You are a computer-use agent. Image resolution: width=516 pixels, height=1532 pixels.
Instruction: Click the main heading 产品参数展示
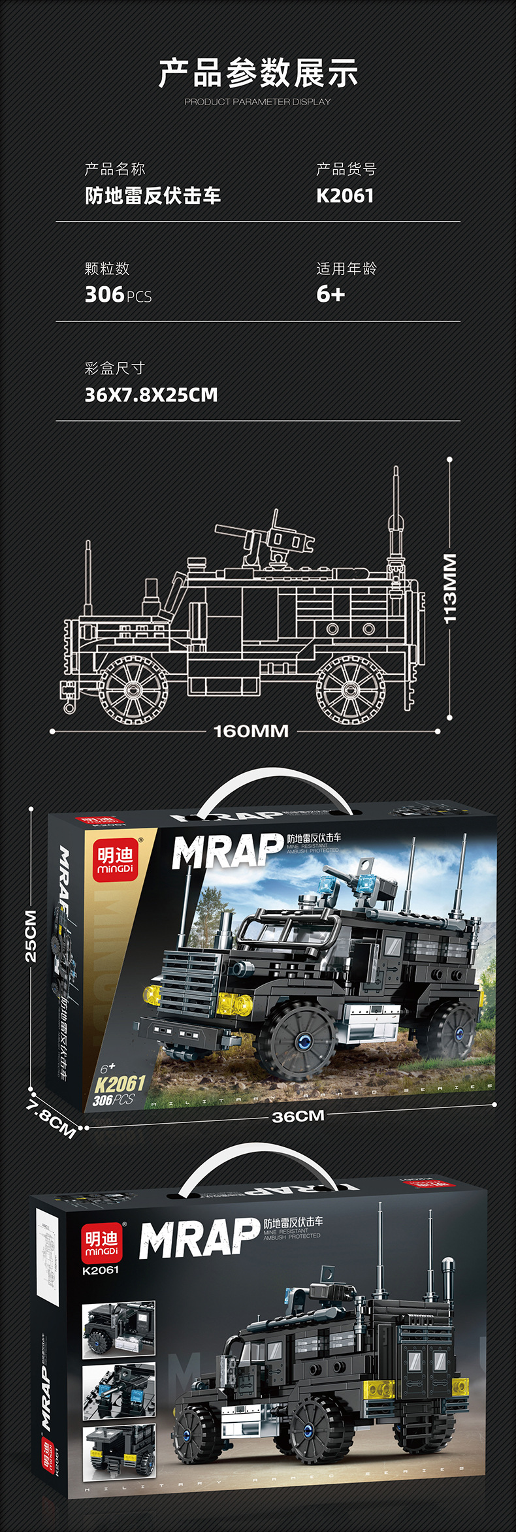258,73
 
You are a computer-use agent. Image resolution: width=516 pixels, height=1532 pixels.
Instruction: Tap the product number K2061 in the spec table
345,196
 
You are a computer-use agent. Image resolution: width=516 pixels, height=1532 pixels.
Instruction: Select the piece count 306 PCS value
118,295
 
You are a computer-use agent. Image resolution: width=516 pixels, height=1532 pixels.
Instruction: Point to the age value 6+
331,295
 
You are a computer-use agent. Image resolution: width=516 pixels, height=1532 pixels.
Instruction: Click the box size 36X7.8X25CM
151,395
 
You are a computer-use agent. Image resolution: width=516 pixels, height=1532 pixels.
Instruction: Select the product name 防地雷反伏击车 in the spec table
153,196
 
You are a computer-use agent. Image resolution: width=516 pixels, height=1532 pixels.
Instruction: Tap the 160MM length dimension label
251,731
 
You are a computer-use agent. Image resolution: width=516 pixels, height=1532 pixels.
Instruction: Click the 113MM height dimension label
450,588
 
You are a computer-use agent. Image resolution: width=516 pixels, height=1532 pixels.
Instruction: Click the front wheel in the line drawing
133,690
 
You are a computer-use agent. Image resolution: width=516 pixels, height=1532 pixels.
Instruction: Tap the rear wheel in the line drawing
351,690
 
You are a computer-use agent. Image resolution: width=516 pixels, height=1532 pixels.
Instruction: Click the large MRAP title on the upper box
227,852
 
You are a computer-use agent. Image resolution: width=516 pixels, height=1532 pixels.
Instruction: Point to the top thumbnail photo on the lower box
119,1329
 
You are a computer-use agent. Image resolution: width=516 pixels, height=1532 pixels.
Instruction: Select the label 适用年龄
346,269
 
